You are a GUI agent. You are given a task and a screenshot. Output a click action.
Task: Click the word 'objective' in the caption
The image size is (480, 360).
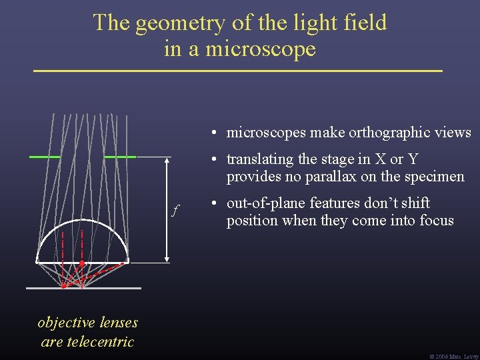coord(67,323)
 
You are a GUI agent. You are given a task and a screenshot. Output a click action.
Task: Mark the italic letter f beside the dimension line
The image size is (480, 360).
coord(175,211)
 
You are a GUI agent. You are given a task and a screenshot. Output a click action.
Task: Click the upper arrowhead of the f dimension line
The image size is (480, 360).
coord(167,160)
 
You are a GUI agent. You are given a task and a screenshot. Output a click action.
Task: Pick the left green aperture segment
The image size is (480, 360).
coord(45,156)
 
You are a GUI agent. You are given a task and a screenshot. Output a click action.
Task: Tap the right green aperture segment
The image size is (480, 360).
coord(120,156)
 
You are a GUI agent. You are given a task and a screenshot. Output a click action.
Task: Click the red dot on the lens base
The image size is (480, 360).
coord(81,263)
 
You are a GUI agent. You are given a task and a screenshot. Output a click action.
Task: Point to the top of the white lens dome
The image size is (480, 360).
coord(82,220)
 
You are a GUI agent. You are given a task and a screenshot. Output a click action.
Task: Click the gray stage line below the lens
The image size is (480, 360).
coord(83,288)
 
